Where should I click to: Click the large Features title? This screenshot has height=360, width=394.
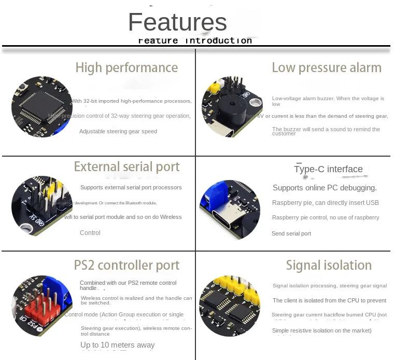click(177, 22)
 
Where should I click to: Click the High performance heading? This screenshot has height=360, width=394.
click(126, 67)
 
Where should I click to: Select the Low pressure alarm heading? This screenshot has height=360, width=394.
click(327, 67)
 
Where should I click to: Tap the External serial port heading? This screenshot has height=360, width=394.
click(126, 167)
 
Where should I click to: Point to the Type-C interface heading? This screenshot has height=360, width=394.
click(328, 169)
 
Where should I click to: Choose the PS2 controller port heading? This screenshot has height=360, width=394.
click(126, 265)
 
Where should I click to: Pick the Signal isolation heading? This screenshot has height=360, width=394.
click(329, 265)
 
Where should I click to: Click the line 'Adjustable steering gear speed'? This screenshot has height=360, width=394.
click(118, 132)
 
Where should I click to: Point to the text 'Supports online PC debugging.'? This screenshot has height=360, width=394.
click(325, 188)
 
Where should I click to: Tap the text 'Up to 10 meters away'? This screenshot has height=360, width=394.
click(117, 345)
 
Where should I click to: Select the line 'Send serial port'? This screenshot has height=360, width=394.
click(291, 233)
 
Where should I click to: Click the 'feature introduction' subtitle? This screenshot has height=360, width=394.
click(195, 40)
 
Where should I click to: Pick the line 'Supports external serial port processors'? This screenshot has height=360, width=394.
click(131, 187)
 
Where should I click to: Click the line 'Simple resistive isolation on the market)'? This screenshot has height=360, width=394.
click(322, 330)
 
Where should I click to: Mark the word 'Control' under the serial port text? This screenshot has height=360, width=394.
click(90, 233)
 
